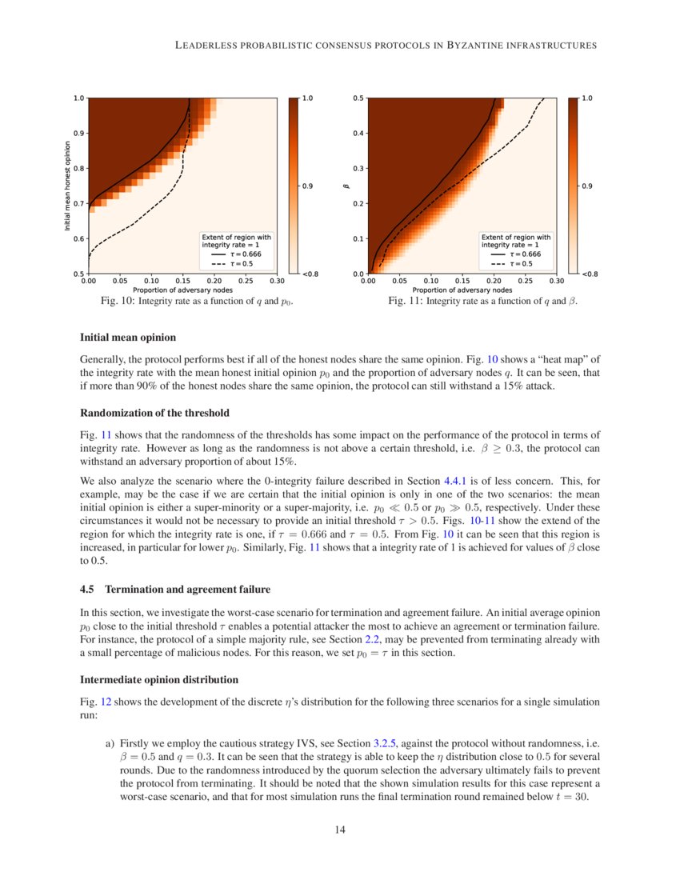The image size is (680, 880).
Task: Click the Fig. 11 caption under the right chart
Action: (482, 302)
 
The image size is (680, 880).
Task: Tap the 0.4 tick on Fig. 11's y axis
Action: (359, 133)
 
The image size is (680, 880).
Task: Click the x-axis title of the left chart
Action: (182, 289)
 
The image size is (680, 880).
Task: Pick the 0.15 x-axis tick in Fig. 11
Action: (462, 281)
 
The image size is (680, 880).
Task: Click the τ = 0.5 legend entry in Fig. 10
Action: (240, 263)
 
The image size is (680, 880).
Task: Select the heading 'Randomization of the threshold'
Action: (154, 413)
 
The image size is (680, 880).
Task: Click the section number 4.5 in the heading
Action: (88, 590)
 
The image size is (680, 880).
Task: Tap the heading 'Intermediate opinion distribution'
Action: (159, 680)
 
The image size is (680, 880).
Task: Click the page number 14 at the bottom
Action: (340, 830)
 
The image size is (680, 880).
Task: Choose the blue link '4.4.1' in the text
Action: (457, 482)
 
